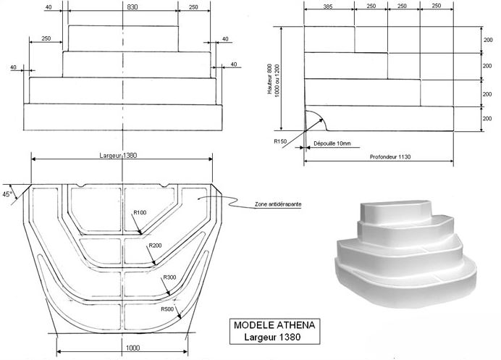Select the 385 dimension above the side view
point(328,6)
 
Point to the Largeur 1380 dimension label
point(121,155)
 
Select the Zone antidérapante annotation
point(278,205)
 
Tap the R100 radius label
point(140,212)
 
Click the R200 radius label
point(155,246)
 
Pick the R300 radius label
point(170,278)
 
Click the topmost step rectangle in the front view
point(123,37)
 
